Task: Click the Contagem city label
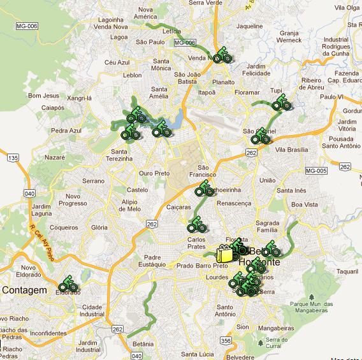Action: [25, 290]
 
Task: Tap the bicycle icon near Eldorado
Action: [68, 285]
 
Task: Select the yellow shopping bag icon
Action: [224, 254]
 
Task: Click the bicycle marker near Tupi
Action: [280, 103]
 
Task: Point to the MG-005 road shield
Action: [315, 170]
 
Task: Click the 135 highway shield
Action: [13, 157]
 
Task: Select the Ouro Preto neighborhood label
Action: [154, 173]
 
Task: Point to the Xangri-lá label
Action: [80, 98]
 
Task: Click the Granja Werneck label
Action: [289, 36]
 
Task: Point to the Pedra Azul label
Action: [67, 130]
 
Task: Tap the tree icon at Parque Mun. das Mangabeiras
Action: [312, 298]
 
